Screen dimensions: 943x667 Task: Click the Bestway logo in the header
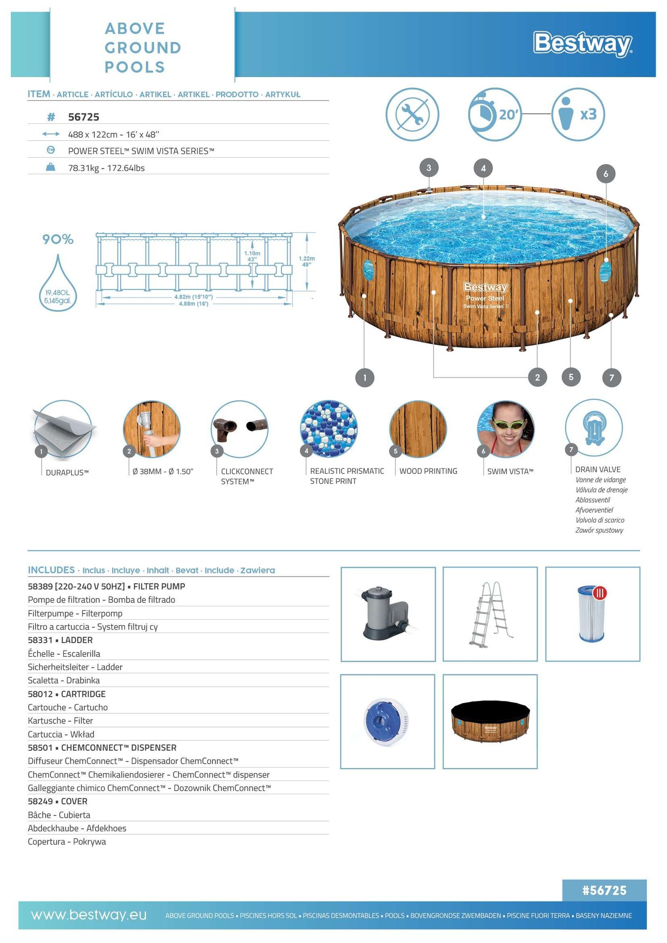582,44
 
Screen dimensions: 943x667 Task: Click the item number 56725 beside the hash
83,117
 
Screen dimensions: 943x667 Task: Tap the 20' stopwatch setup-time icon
495,114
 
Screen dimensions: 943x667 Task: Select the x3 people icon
578,114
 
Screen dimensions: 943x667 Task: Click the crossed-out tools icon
412,114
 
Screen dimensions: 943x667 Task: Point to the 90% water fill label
58,239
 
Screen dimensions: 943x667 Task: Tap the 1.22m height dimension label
306,261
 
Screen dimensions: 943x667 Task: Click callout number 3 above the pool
429,168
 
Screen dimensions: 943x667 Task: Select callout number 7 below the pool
612,378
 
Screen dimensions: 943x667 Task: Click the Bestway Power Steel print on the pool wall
485,295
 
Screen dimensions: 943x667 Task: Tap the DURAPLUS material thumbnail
63,430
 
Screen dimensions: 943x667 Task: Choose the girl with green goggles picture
506,429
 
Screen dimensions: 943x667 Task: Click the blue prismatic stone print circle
328,429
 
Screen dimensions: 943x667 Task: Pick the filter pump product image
388,614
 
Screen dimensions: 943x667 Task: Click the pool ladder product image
490,614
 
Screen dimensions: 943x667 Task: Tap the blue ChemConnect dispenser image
387,721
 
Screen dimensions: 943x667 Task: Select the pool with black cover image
490,721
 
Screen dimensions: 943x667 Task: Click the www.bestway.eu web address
89,915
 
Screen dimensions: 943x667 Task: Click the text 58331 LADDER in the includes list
60,640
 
